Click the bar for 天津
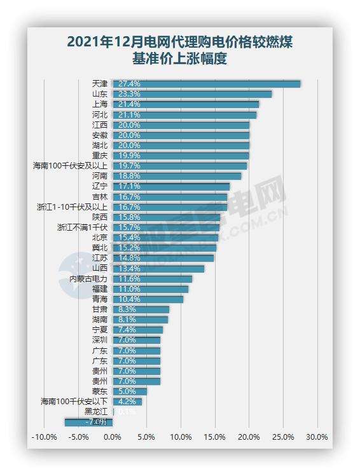tap(206, 83)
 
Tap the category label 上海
tap(99, 104)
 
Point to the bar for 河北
tap(184, 114)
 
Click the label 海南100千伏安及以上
tap(70, 166)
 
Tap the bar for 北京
tap(165, 238)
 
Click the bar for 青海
tap(148, 299)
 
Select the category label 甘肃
tap(99, 309)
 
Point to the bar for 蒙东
tap(130, 391)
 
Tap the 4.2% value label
tap(124, 402)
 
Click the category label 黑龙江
tap(95, 412)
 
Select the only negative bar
tap(88, 422)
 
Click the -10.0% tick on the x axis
tap(44, 437)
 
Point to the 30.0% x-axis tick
tap(317, 437)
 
